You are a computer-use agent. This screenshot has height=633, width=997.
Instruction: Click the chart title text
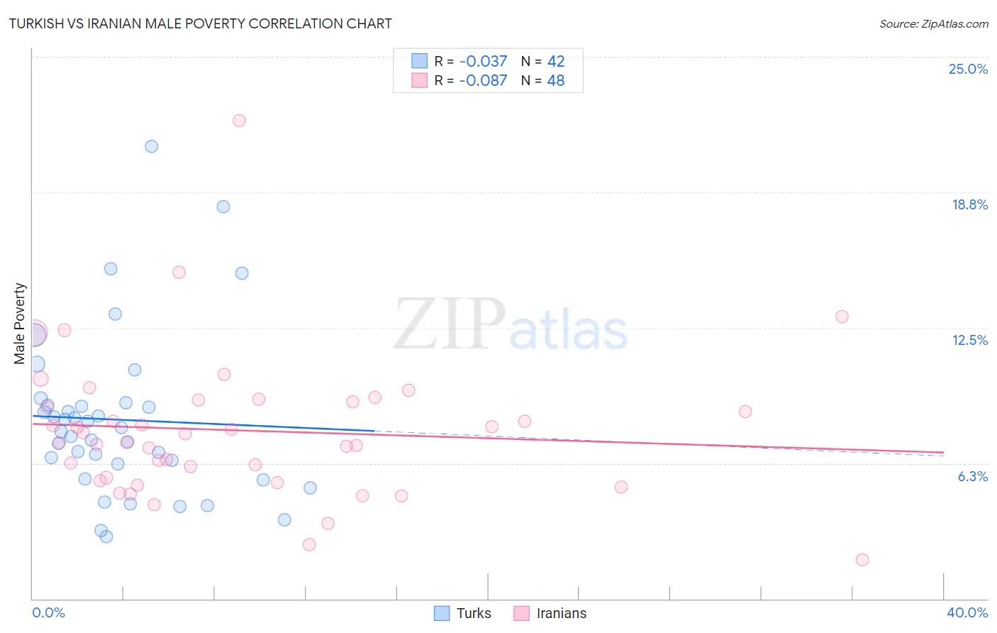tap(200, 23)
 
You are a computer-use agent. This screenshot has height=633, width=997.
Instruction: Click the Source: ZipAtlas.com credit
tap(933, 23)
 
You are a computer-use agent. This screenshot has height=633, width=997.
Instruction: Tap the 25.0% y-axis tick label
tap(968, 69)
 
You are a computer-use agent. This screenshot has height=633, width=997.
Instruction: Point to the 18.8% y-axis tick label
tap(969, 204)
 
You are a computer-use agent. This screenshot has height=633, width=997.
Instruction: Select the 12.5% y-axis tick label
tap(969, 340)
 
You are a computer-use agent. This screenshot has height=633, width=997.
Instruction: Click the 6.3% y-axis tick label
tap(972, 476)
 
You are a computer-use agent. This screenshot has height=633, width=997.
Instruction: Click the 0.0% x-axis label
tap(48, 612)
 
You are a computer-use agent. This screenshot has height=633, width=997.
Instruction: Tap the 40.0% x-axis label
tap(967, 612)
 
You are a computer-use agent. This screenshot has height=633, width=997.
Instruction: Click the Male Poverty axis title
tap(20, 324)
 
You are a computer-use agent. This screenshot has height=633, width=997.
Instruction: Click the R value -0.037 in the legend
tap(483, 62)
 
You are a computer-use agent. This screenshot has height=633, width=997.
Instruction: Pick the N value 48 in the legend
tap(556, 81)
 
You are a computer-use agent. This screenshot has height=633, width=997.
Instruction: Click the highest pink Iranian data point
tap(239, 121)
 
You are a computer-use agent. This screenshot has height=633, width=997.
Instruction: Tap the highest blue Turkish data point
tap(151, 146)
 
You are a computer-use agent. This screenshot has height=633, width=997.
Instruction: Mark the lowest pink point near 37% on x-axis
tap(862, 559)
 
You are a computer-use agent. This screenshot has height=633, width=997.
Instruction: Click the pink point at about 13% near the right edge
tap(842, 316)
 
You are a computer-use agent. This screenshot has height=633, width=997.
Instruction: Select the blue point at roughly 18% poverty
tap(223, 207)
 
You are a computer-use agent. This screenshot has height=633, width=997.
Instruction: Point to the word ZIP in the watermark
tap(450, 324)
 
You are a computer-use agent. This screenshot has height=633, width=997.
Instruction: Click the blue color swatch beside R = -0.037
tap(420, 61)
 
